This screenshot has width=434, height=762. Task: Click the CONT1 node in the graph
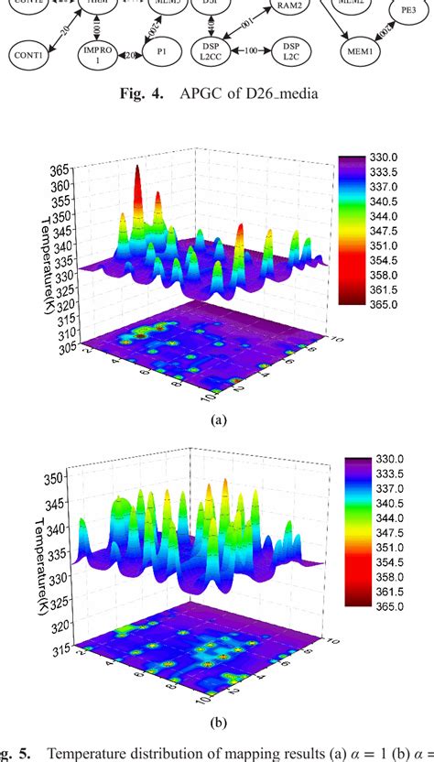click(x=34, y=56)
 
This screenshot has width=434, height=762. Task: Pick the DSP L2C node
click(x=290, y=50)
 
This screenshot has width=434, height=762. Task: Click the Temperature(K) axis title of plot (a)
click(x=43, y=237)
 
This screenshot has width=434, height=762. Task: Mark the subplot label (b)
click(x=217, y=721)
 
